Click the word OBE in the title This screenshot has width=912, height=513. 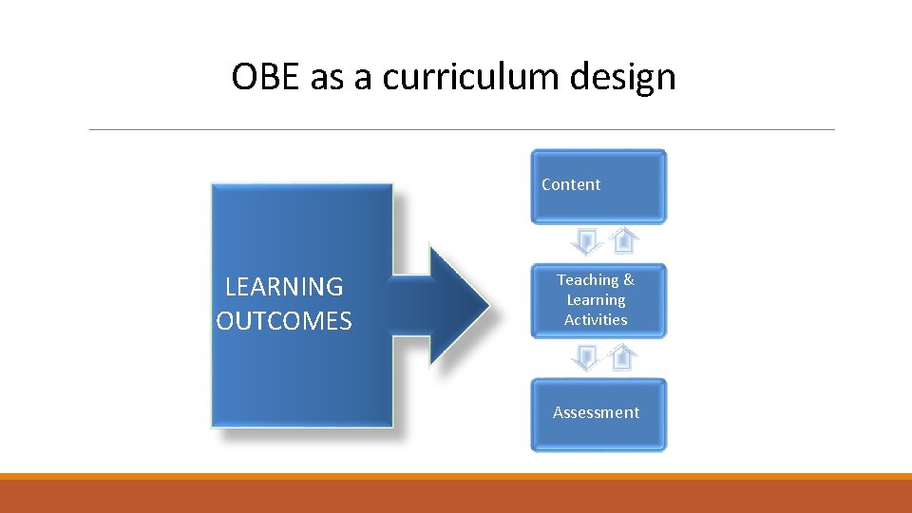pyautogui.click(x=267, y=77)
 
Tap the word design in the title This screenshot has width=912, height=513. pyautogui.click(x=624, y=77)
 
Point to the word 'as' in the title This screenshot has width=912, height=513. pyautogui.click(x=327, y=77)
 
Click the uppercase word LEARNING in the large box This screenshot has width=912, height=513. pyautogui.click(x=284, y=286)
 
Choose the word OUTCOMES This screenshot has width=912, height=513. pyautogui.click(x=284, y=321)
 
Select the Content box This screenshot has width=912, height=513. pyautogui.click(x=598, y=185)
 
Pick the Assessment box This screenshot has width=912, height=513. pyautogui.click(x=598, y=413)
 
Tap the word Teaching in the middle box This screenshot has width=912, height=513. pyautogui.click(x=587, y=279)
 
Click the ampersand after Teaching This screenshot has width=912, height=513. pyautogui.click(x=629, y=279)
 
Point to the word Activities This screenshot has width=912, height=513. pyautogui.click(x=596, y=320)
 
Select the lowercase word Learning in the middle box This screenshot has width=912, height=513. pyautogui.click(x=596, y=300)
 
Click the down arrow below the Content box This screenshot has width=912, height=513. pyautogui.click(x=587, y=241)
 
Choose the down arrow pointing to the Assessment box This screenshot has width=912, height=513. pyautogui.click(x=587, y=357)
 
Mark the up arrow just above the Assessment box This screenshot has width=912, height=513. pyautogui.click(x=623, y=357)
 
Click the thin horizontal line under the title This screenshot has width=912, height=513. pyautogui.click(x=462, y=130)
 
